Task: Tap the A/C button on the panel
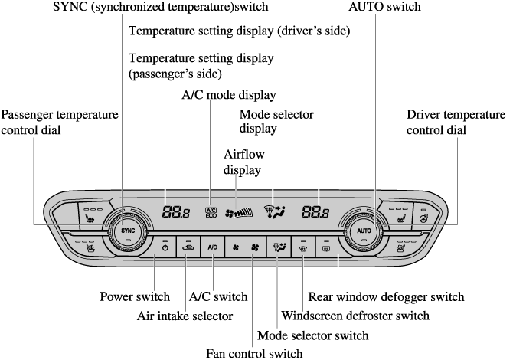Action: click(x=212, y=247)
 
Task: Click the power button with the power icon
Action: click(x=165, y=247)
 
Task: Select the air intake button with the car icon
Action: click(x=188, y=247)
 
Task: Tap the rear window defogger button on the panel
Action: click(x=326, y=247)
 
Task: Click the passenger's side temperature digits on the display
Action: click(x=177, y=212)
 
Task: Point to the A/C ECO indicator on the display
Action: click(x=211, y=212)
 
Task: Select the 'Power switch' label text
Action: click(x=135, y=296)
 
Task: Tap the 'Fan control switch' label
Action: click(x=254, y=353)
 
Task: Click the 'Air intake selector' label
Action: click(x=185, y=315)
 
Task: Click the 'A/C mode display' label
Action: click(x=228, y=95)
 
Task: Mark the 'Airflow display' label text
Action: click(x=243, y=161)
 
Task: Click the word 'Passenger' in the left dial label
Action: click(x=31, y=114)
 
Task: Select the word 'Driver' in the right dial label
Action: click(x=425, y=114)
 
